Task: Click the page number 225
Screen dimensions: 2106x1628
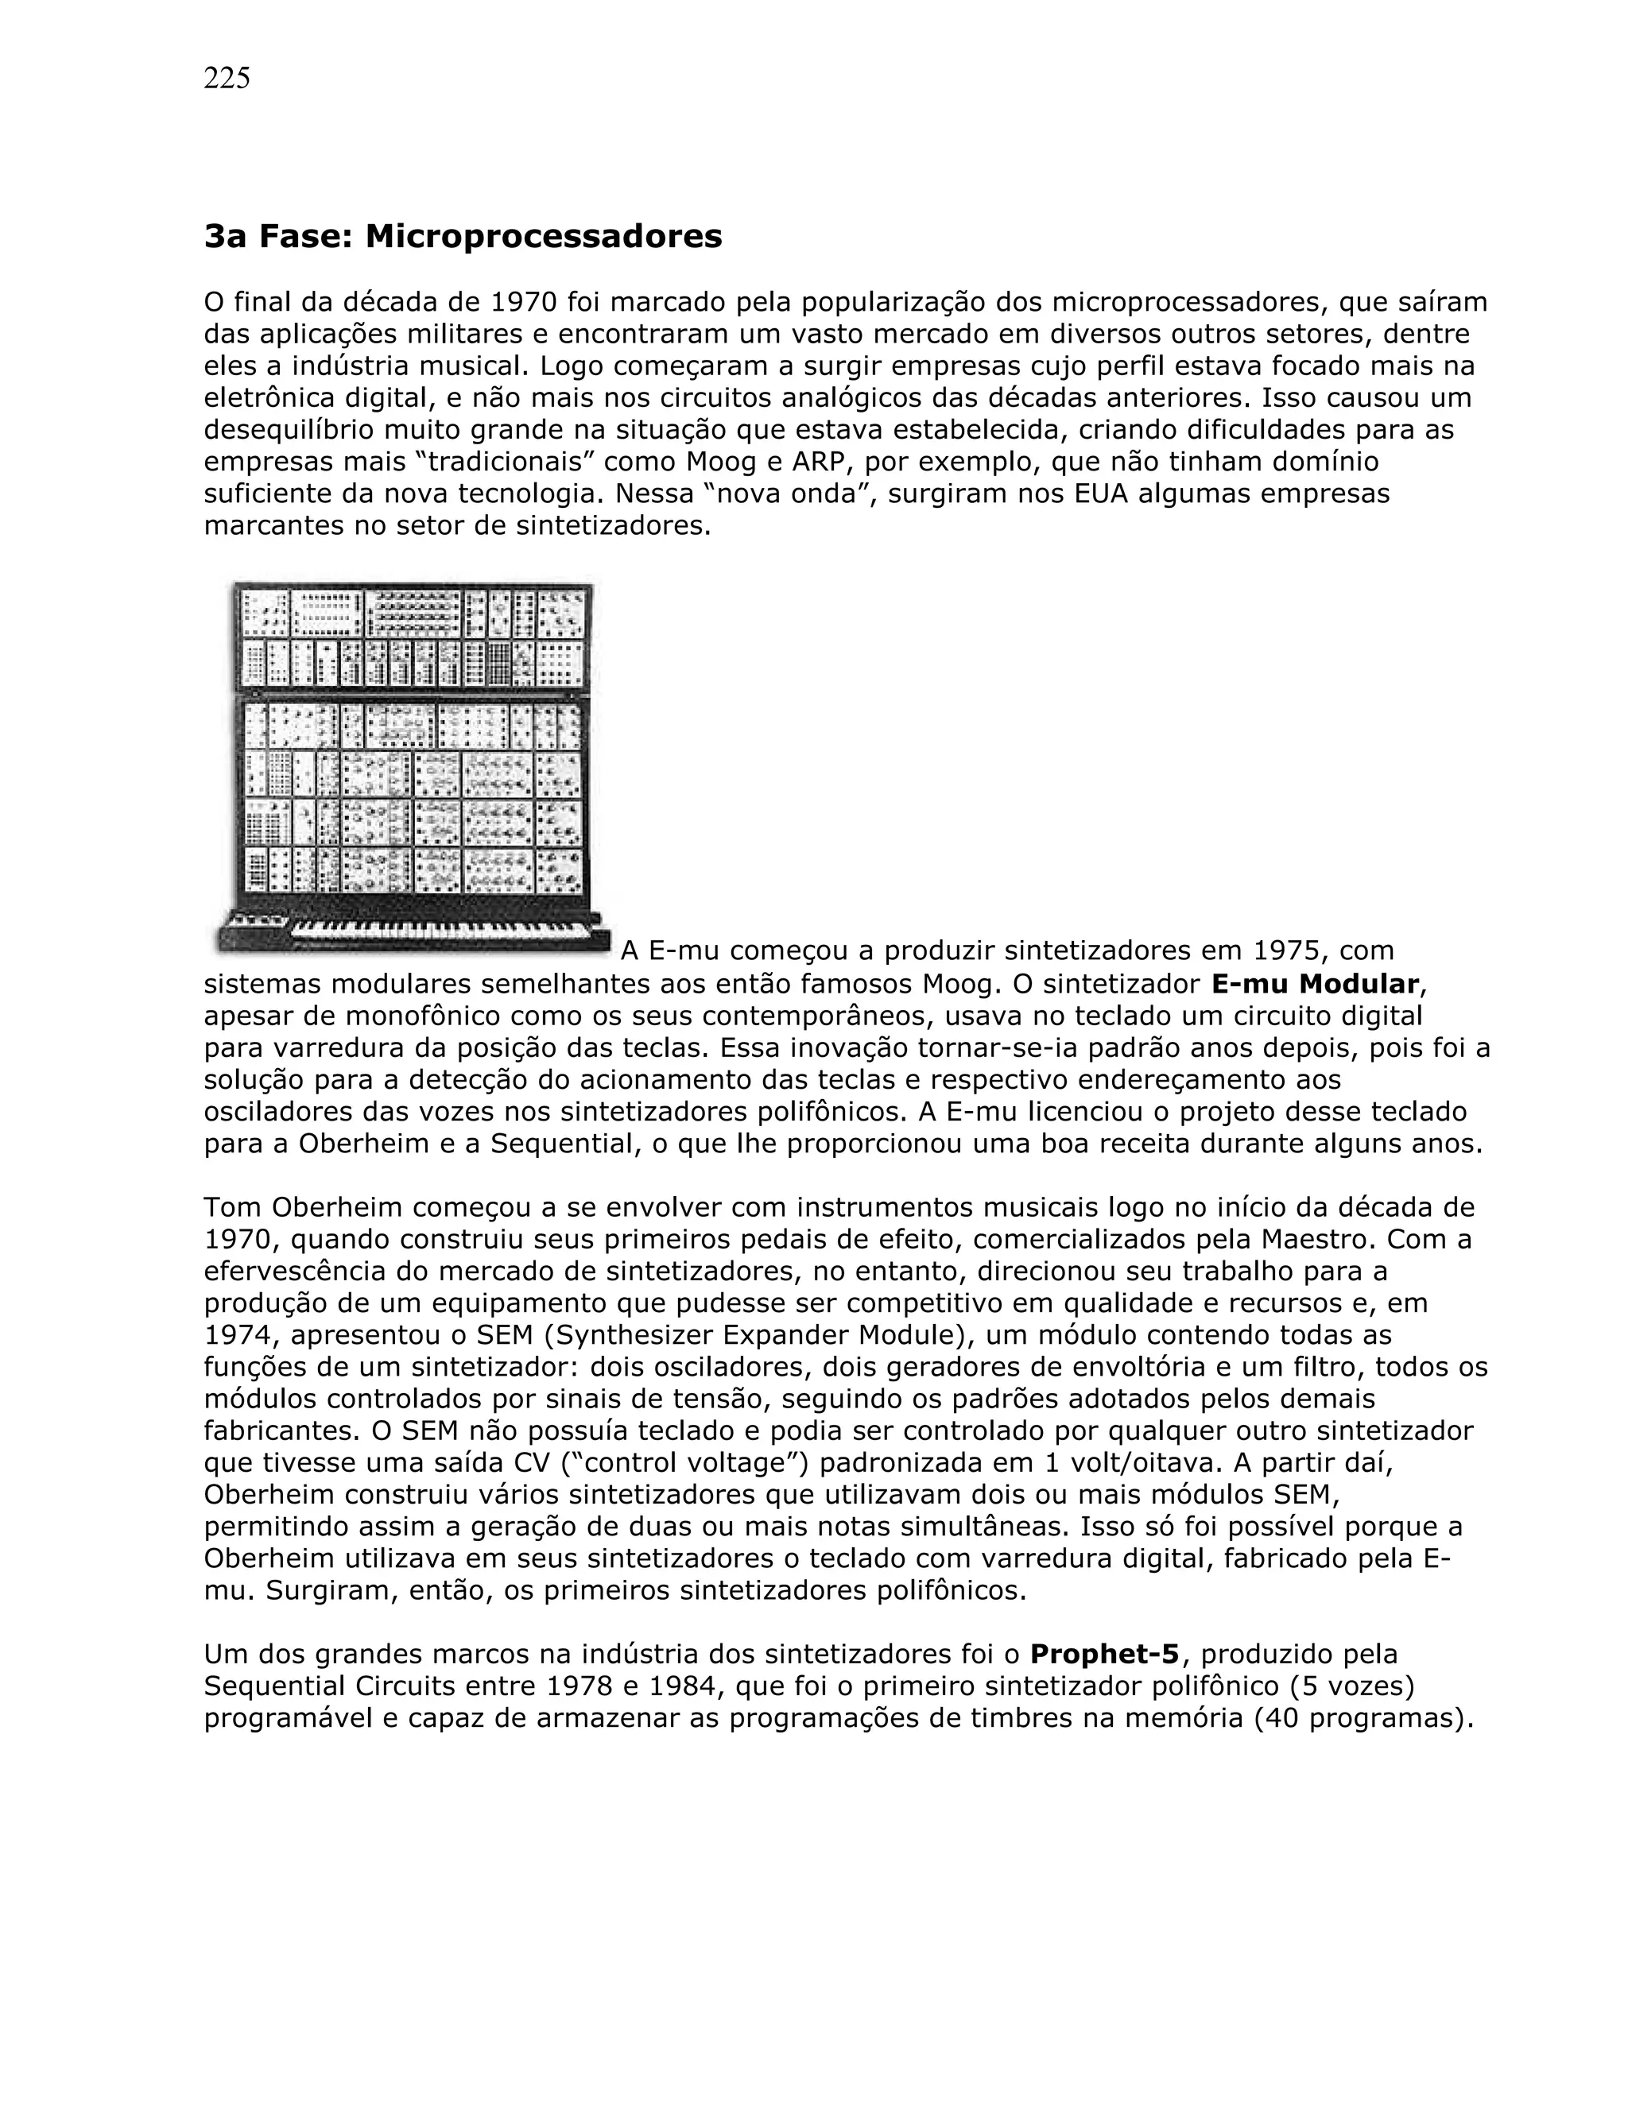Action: [x=227, y=78]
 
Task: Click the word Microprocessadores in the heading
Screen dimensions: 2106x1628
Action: [x=543, y=236]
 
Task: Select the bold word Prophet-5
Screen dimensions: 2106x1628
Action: [x=1104, y=1655]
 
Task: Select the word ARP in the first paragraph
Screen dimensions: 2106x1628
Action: [x=817, y=462]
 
